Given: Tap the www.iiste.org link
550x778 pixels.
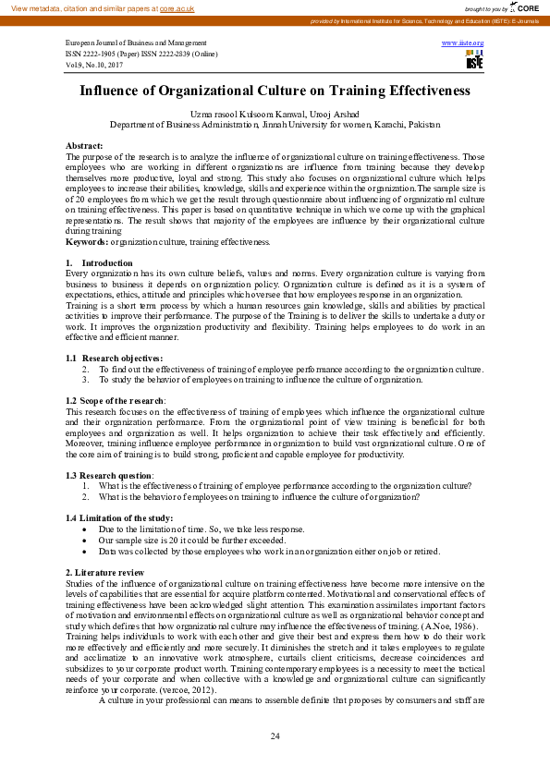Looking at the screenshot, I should (x=462, y=43).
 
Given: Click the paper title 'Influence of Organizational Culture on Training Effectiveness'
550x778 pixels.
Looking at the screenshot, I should (x=275, y=91).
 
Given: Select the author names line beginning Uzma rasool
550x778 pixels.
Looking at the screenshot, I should (x=275, y=114).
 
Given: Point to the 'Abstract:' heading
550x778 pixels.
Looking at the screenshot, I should (x=84, y=146).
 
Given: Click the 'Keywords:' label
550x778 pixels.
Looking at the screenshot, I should (x=87, y=241).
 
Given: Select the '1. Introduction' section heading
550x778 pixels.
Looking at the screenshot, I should (x=94, y=263).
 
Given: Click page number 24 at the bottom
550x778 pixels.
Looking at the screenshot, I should (x=275, y=735).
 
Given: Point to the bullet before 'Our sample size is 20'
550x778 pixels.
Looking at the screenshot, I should (x=86, y=540).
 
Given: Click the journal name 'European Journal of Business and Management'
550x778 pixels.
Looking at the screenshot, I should (x=135, y=43).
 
